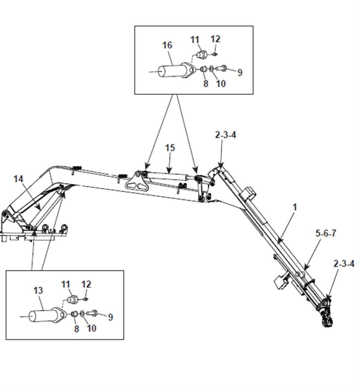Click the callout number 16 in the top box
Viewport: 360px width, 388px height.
pyautogui.click(x=167, y=45)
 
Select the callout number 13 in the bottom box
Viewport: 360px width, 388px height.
pyautogui.click(x=38, y=290)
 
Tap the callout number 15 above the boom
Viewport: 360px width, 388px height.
pyautogui.click(x=170, y=148)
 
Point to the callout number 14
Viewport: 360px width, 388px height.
pyautogui.click(x=18, y=179)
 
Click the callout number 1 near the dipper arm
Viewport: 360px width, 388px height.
pyautogui.click(x=294, y=207)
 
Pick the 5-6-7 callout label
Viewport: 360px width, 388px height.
pyautogui.click(x=326, y=233)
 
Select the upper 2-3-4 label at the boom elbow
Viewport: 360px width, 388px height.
pyautogui.click(x=225, y=135)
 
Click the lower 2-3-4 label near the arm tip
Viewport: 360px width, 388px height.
pyautogui.click(x=344, y=264)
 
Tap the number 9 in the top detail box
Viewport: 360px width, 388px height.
pyautogui.click(x=240, y=73)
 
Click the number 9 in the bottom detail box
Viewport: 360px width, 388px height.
pyautogui.click(x=110, y=317)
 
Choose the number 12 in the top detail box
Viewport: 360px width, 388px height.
pyautogui.click(x=215, y=39)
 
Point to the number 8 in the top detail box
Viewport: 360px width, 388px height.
pyautogui.click(x=206, y=84)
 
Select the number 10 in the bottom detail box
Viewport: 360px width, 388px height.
pyautogui.click(x=91, y=328)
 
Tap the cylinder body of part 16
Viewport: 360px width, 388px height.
pyautogui.click(x=171, y=71)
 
